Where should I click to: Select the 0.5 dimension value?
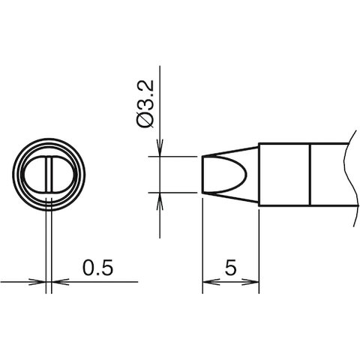tap(97, 268)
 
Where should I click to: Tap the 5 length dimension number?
tap(231, 267)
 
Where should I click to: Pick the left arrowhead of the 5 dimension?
tap(208, 283)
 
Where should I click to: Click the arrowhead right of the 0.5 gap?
tap(57, 283)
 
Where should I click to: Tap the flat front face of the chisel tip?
tap(203, 174)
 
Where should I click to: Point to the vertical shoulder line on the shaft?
tap(310, 174)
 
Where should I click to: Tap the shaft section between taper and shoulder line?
tap(284, 174)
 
